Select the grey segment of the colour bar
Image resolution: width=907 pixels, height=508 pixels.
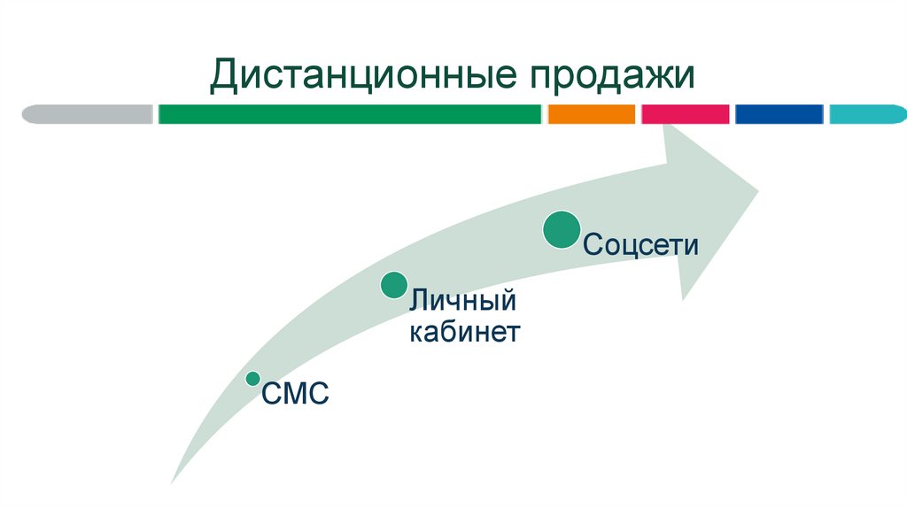click(88, 114)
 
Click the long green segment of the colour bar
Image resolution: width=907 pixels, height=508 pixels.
click(350, 114)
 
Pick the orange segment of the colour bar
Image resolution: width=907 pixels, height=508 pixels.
click(592, 114)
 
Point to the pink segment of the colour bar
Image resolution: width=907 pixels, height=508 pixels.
click(685, 114)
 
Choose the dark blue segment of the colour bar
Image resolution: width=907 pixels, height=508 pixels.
click(779, 114)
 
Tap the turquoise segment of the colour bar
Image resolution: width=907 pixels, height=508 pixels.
click(867, 114)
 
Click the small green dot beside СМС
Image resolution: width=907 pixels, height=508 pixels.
click(252, 379)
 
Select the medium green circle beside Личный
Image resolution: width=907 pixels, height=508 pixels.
click(394, 285)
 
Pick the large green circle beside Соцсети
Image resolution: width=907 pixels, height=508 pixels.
click(562, 230)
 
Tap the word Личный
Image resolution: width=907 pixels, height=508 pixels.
click(461, 302)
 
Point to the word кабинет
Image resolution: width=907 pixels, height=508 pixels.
click(463, 334)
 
